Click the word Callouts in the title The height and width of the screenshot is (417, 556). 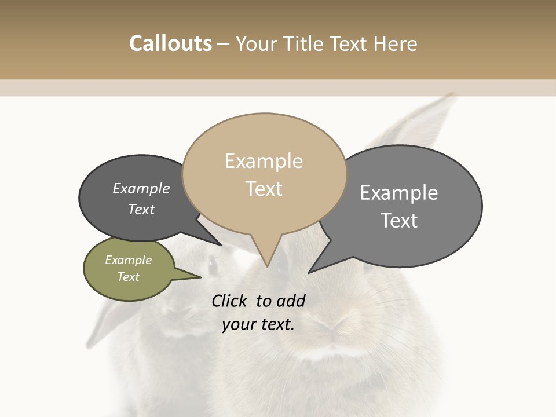point(170,43)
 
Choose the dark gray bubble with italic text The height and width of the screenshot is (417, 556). point(139,198)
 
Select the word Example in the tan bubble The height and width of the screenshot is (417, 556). point(264,161)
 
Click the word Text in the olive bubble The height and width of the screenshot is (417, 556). point(129,277)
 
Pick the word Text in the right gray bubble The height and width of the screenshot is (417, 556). point(399,221)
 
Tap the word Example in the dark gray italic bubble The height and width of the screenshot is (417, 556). point(141,189)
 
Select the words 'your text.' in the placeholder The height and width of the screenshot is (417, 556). point(258,324)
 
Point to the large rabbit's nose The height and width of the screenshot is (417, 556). point(333,324)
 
